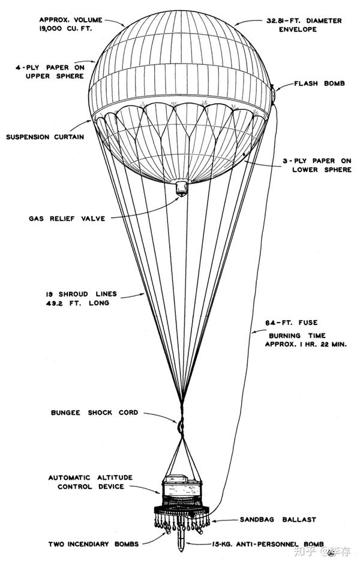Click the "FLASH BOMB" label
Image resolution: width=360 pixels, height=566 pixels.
[319, 83]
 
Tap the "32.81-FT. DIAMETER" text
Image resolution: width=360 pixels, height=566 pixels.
[304, 20]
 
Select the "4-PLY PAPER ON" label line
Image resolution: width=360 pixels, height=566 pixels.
[49, 68]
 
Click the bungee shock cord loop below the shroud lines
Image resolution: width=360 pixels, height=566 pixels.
[178, 424]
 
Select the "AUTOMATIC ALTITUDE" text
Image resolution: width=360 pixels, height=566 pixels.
[91, 478]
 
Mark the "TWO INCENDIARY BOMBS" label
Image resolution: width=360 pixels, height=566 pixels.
[94, 544]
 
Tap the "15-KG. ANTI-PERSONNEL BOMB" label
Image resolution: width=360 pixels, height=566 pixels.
[262, 543]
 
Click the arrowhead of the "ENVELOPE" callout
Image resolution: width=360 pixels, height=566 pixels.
[236, 23]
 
